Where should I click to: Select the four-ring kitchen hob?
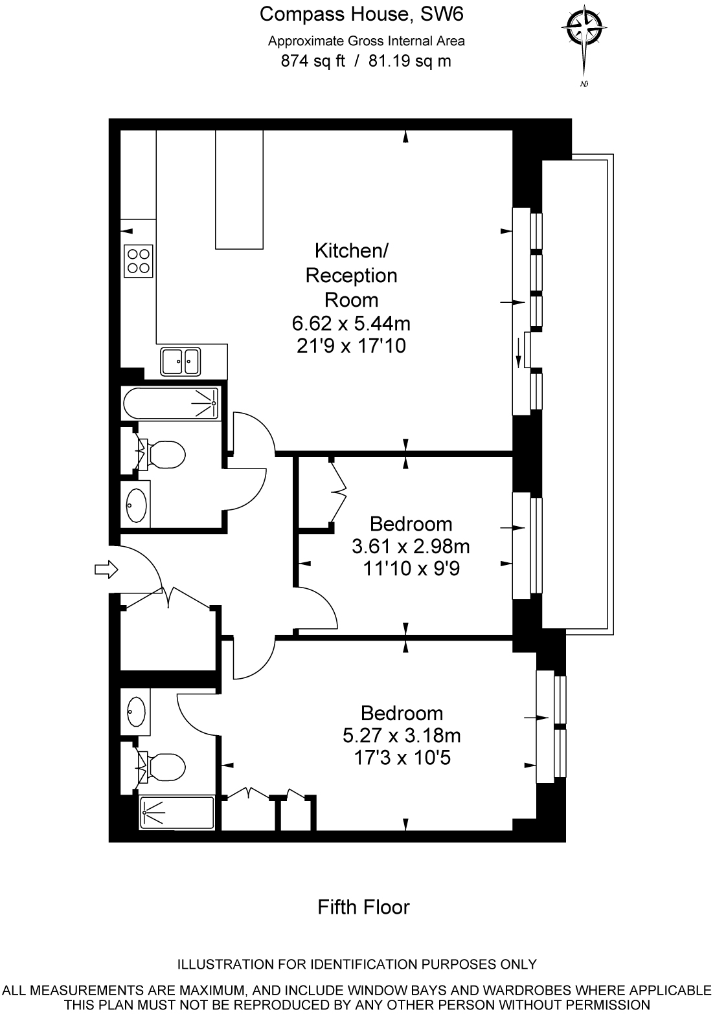(139, 261)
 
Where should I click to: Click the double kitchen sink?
(181, 361)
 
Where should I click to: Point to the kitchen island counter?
(239, 189)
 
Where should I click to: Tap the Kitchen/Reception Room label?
(351, 275)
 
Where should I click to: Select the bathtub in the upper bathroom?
(172, 403)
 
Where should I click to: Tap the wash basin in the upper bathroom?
(136, 504)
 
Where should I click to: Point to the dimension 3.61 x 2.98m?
(411, 547)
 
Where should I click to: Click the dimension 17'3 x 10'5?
(402, 757)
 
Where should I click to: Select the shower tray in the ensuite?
(177, 813)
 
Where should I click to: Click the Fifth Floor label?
(363, 907)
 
